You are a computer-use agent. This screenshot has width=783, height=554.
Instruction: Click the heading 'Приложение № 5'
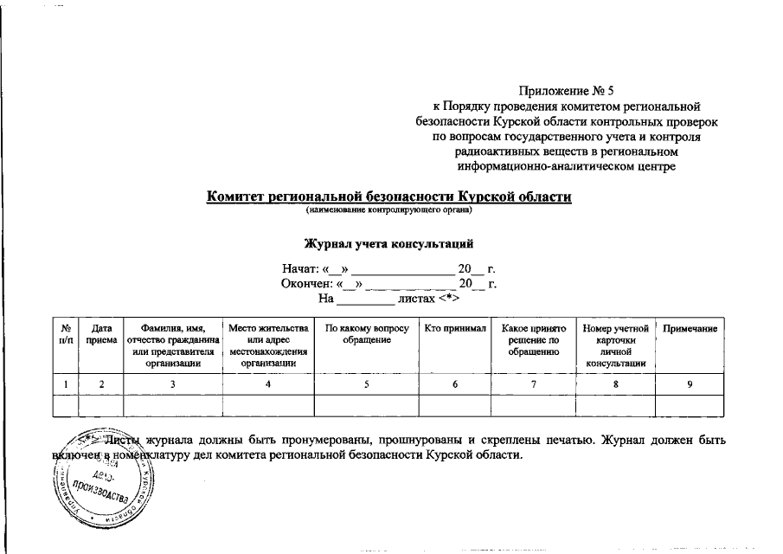pyautogui.click(x=566, y=90)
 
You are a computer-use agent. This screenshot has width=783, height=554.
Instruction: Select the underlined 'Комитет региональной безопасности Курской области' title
pyautogui.click(x=388, y=196)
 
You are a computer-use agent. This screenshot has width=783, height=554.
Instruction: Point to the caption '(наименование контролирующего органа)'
pyautogui.click(x=388, y=210)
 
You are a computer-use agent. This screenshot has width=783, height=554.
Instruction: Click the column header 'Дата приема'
pyautogui.click(x=100, y=335)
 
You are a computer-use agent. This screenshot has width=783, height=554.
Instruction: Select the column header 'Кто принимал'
pyautogui.click(x=456, y=329)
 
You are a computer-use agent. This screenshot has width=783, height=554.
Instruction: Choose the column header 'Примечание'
pyautogui.click(x=690, y=329)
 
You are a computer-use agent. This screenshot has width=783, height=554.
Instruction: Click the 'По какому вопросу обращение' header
pyautogui.click(x=366, y=335)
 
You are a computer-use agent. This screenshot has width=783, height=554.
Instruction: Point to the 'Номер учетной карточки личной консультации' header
pyautogui.click(x=615, y=346)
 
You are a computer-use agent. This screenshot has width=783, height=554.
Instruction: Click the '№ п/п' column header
pyautogui.click(x=65, y=335)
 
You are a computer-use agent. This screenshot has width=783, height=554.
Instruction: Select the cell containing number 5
pyautogui.click(x=366, y=383)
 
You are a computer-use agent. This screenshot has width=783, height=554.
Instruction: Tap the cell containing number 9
pyautogui.click(x=690, y=383)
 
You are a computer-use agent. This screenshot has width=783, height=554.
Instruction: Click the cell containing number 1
pyautogui.click(x=65, y=383)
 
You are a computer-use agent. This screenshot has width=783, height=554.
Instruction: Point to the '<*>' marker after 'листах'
pyautogui.click(x=448, y=299)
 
